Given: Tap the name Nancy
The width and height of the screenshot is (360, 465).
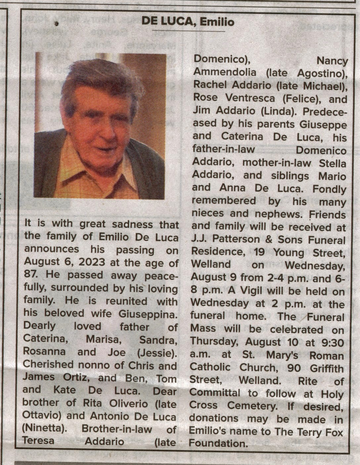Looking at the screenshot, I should (x=332, y=61).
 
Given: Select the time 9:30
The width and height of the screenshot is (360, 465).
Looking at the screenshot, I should (x=331, y=342).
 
